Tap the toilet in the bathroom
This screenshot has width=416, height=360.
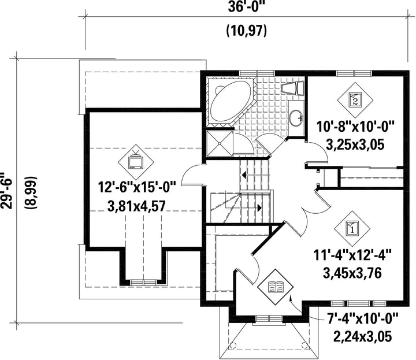click(292, 88)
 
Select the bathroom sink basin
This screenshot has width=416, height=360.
click(295, 118)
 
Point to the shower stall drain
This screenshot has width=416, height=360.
click(220, 143)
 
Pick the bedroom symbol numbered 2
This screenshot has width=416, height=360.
click(355, 100)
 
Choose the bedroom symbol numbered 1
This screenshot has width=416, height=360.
click(352, 228)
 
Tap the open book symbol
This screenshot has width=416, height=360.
click(276, 287)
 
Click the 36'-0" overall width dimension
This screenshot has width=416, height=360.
click(247, 7)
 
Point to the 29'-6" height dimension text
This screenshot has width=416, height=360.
click(6, 191)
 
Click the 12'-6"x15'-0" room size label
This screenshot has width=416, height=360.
click(137, 187)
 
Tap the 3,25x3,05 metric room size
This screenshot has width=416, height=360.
click(355, 145)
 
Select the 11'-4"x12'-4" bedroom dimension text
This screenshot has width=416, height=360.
click(352, 255)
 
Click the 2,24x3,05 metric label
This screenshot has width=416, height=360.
click(362, 337)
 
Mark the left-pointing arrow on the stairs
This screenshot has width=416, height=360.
click(244, 175)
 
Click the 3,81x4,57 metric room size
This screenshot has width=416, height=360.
click(136, 206)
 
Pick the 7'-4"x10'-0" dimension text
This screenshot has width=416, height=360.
click(363, 318)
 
